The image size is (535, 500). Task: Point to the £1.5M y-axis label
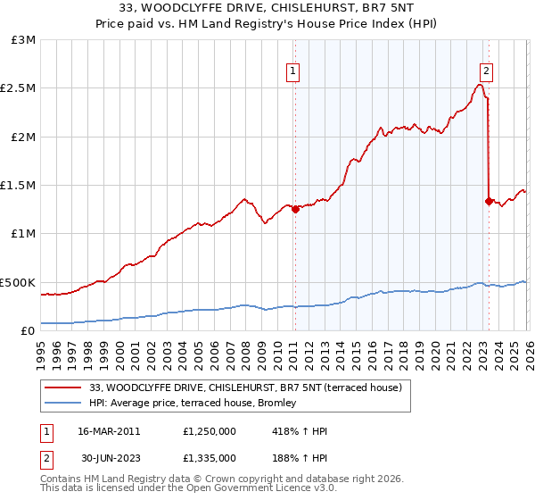point(18,185)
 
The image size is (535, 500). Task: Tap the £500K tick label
point(18,282)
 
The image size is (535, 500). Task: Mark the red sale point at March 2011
point(295,210)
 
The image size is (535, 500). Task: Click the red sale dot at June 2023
point(489,201)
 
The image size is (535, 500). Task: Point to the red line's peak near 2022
point(480,85)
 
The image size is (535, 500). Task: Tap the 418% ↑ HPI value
point(300,431)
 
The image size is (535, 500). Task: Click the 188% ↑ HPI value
point(300,457)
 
